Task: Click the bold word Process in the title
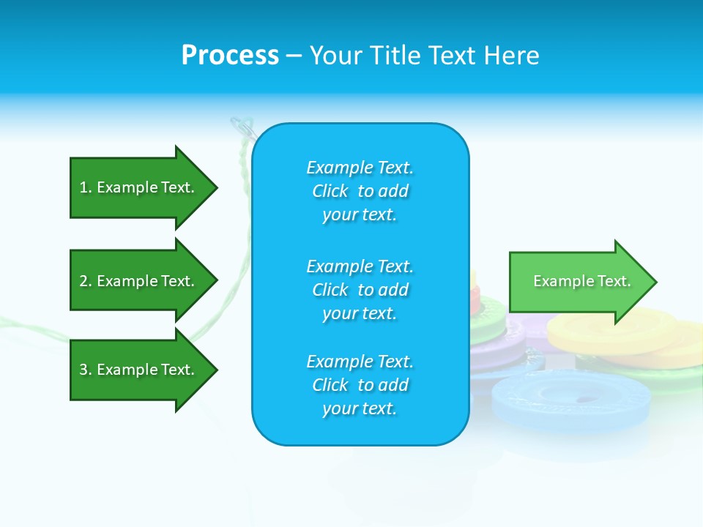point(230,56)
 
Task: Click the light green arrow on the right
point(579,282)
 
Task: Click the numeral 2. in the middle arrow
point(85,281)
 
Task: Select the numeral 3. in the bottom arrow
point(85,370)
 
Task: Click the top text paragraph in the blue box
point(360,191)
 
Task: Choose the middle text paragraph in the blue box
point(360,289)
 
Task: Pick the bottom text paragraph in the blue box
point(360,385)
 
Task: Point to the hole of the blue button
point(582,399)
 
